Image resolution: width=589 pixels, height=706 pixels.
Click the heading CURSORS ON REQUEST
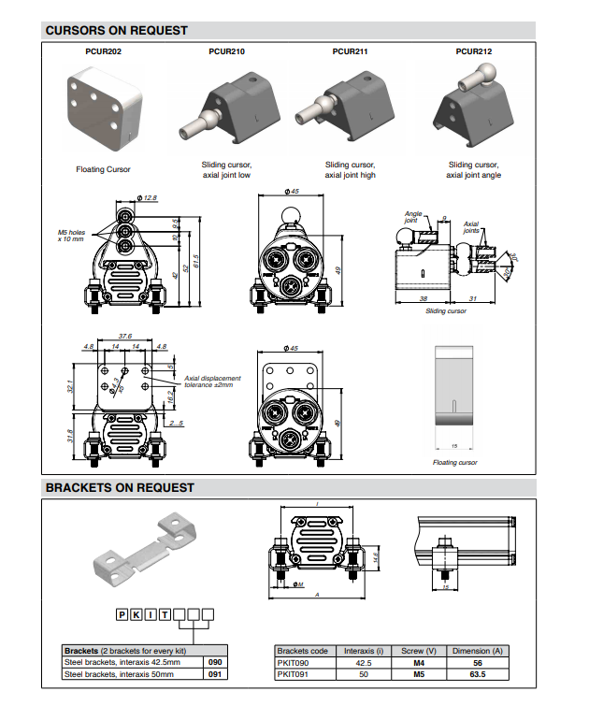tap(116, 30)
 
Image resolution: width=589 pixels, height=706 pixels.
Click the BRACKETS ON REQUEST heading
tap(120, 487)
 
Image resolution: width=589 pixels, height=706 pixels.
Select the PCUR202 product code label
tap(103, 52)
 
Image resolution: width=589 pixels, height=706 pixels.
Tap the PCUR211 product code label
tap(350, 52)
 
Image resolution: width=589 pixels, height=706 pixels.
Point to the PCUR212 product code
tap(474, 52)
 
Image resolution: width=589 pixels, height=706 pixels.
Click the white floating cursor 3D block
tap(105, 108)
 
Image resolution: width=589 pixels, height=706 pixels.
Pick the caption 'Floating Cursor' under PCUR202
tap(103, 169)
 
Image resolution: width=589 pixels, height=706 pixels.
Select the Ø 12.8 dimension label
tap(147, 198)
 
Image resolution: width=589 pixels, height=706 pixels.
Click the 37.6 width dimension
tap(123, 336)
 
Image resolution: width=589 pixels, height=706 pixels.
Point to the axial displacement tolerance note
tap(212, 382)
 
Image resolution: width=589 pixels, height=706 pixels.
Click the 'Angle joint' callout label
tap(414, 217)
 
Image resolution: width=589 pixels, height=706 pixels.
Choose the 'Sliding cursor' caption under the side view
tap(445, 311)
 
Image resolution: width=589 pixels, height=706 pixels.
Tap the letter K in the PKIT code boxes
tap(136, 614)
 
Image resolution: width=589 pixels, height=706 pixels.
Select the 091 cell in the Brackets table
tap(214, 673)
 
